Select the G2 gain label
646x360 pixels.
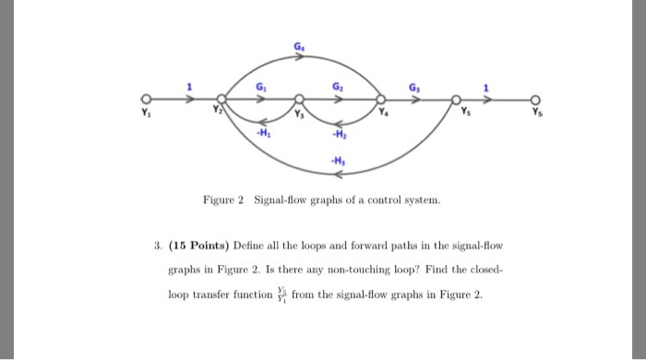339,88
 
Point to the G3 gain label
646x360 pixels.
416,88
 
